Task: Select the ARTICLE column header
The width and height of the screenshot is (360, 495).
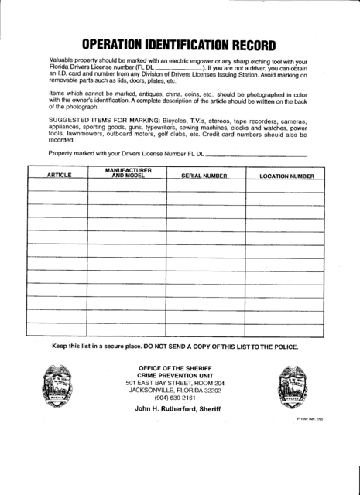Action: pos(59,176)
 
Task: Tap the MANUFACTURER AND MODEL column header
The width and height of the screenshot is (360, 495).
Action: pos(128,172)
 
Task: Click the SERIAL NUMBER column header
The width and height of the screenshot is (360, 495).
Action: pos(204,176)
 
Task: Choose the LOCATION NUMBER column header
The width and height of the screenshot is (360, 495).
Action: pos(286,176)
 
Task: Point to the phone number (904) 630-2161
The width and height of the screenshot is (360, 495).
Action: pos(175,398)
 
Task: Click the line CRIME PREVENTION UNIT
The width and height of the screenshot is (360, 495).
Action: pos(175,374)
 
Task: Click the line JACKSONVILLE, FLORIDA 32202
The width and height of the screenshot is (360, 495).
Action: pos(175,390)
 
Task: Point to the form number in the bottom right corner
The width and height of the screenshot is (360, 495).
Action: pos(309,418)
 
